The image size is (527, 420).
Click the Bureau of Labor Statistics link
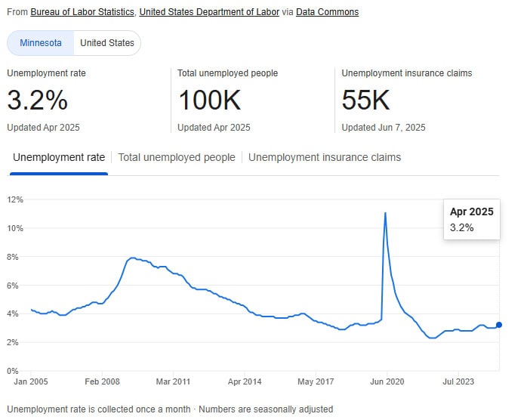click(x=82, y=12)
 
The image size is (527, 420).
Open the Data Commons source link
click(x=327, y=12)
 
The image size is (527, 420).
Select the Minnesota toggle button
click(x=41, y=43)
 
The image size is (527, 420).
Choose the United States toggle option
click(x=107, y=43)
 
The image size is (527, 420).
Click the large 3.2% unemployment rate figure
click(x=38, y=100)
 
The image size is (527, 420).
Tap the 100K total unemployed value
click(x=209, y=100)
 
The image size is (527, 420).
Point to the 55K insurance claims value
click(x=366, y=100)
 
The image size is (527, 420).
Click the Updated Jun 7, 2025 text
click(x=384, y=128)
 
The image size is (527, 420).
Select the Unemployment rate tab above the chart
click(x=59, y=158)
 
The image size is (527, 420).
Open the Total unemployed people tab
click(x=177, y=158)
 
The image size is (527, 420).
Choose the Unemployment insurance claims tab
click(x=325, y=158)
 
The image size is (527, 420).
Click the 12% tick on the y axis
click(x=16, y=199)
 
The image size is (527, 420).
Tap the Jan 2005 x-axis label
click(x=31, y=382)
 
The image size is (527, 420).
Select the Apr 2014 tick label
click(x=244, y=382)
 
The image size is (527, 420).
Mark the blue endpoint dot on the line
click(x=498, y=325)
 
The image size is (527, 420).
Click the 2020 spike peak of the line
click(x=386, y=213)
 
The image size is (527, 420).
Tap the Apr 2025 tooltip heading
click(x=471, y=212)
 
